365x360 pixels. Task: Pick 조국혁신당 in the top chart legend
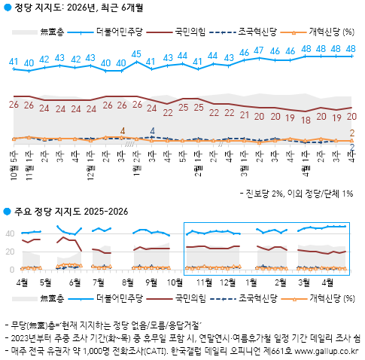(256, 32)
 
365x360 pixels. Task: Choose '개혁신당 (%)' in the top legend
(331, 32)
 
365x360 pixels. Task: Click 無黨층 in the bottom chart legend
(51, 299)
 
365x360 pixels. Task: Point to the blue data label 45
(136, 54)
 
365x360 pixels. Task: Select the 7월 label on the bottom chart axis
(99, 281)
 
